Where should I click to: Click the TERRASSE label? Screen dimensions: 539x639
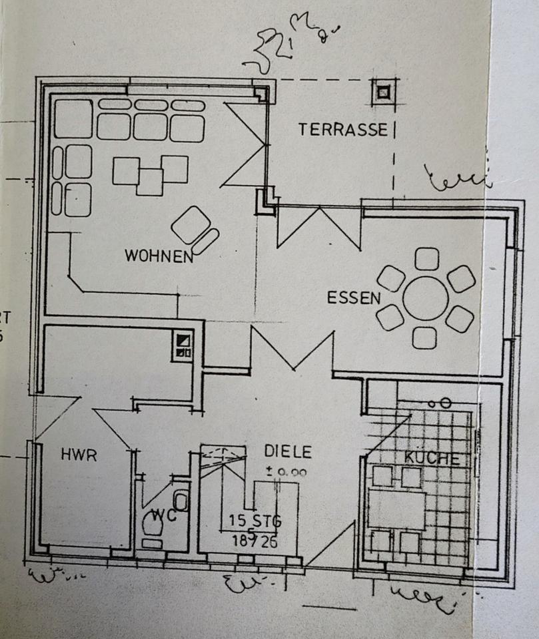(x=342, y=129)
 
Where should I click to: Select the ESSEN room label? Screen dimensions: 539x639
(x=352, y=298)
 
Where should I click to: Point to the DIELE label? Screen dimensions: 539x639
(x=288, y=451)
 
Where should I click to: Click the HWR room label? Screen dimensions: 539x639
(x=79, y=455)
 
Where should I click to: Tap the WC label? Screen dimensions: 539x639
(x=161, y=515)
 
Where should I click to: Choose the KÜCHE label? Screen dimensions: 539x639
(x=431, y=459)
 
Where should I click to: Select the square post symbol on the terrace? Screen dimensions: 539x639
(x=383, y=93)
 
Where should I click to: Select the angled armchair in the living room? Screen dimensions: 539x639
(x=192, y=226)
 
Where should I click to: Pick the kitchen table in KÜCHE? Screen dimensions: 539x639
(x=397, y=508)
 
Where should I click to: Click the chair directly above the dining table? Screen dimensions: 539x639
(x=426, y=258)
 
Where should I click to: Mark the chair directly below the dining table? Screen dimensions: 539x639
(x=424, y=337)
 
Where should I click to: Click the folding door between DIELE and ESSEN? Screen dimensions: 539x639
(x=292, y=349)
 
